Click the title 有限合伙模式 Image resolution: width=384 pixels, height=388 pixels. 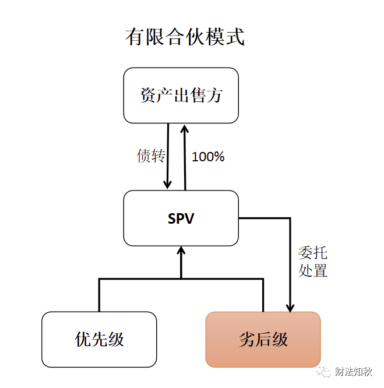184,37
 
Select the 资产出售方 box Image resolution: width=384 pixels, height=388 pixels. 181,95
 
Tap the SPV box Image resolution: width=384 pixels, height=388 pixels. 181,218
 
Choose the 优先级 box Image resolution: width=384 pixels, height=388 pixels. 99,339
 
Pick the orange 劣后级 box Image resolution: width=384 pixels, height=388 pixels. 263,339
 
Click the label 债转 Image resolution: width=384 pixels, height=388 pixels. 150,156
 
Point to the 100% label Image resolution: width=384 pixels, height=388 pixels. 208,157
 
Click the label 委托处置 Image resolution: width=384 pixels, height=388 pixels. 313,262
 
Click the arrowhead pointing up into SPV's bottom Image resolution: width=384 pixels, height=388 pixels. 181,252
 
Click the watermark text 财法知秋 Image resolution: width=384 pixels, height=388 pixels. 354,372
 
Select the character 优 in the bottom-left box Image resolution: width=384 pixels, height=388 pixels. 83,339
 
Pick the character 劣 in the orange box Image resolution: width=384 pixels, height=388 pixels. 247,339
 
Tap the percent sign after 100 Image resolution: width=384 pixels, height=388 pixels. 219,157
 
